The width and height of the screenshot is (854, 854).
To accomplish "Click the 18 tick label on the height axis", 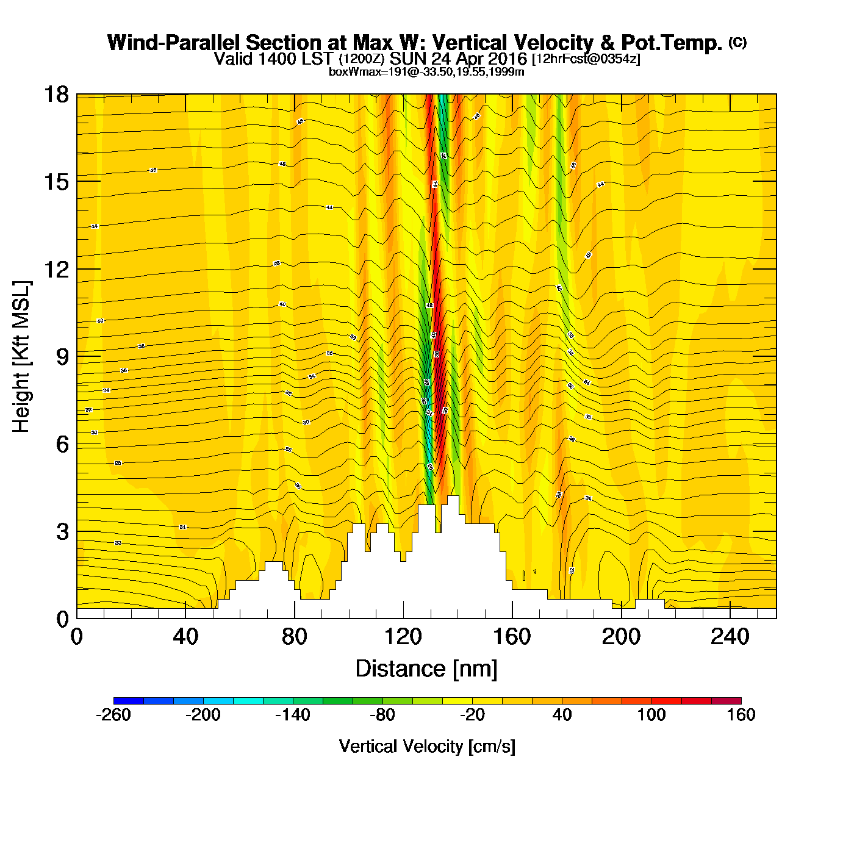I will pyautogui.click(x=56, y=95).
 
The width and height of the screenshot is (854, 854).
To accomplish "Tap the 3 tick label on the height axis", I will pyautogui.click(x=62, y=532).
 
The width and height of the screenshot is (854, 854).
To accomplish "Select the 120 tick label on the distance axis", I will pyautogui.click(x=403, y=637).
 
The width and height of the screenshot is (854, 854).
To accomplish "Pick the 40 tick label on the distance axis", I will pyautogui.click(x=185, y=637).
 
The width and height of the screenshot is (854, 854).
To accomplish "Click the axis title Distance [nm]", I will pyautogui.click(x=426, y=669).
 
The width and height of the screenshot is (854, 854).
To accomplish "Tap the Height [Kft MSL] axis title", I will pyautogui.click(x=21, y=357).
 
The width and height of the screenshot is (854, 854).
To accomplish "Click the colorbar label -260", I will pyautogui.click(x=113, y=715).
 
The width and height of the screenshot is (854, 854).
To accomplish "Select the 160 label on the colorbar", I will pyautogui.click(x=741, y=715).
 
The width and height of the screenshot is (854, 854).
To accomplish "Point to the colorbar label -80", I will pyautogui.click(x=382, y=715).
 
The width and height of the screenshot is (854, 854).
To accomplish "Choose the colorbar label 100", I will pyautogui.click(x=651, y=715).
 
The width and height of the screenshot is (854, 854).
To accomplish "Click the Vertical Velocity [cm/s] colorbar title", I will pyautogui.click(x=427, y=746).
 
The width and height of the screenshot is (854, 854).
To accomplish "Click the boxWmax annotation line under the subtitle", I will pyautogui.click(x=426, y=72).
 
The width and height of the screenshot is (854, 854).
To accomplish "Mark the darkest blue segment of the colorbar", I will pyautogui.click(x=128, y=701).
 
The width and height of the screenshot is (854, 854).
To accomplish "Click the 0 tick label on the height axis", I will pyautogui.click(x=62, y=619).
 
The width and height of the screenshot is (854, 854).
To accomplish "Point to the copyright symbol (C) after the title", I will pyautogui.click(x=737, y=42).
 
